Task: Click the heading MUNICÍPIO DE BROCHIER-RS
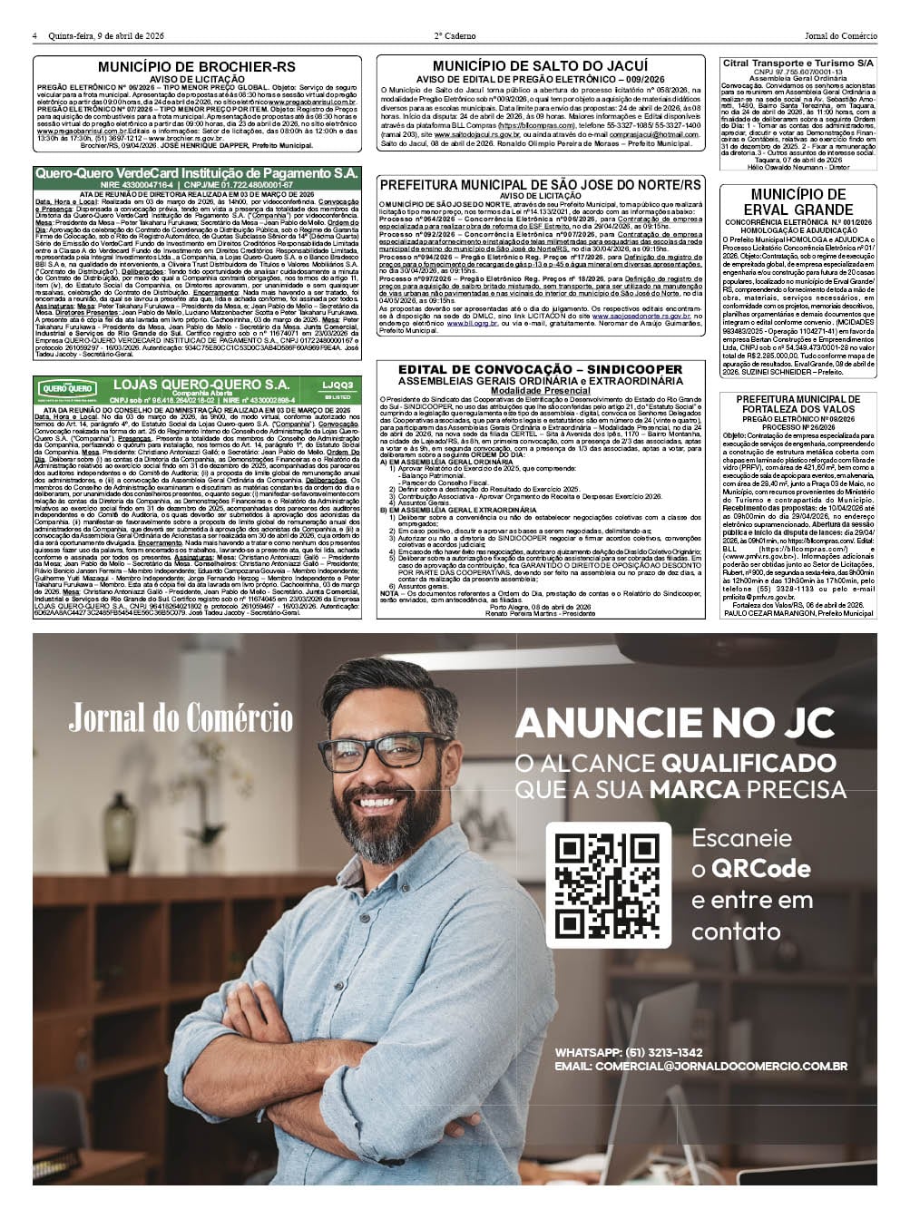[x=197, y=67]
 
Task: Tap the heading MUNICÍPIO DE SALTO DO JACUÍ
[x=541, y=66]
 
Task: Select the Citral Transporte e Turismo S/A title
[x=798, y=63]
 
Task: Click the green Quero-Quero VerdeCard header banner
[x=197, y=172]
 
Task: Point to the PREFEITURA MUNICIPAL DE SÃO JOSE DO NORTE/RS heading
[x=541, y=184]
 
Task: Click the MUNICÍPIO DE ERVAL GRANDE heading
[x=798, y=201]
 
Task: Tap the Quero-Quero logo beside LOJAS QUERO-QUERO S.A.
[x=67, y=389]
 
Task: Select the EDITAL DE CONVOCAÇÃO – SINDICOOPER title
[x=541, y=369]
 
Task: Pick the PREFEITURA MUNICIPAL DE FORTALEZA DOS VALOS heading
[x=798, y=404]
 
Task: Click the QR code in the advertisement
[x=608, y=885]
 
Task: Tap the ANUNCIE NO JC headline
[x=674, y=723]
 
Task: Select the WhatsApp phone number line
[x=629, y=1052]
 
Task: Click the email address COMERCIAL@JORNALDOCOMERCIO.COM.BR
[x=700, y=1067]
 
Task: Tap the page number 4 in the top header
[x=35, y=36]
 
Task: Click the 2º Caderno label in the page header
[x=455, y=36]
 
